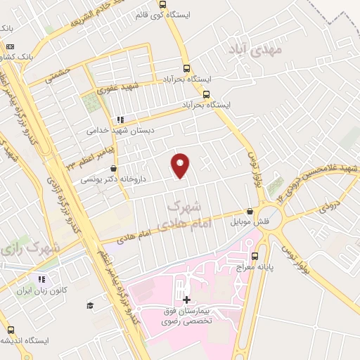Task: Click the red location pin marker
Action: [x=181, y=165]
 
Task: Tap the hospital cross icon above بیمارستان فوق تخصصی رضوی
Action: [x=186, y=300]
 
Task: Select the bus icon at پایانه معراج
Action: [x=255, y=256]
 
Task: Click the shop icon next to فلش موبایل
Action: [x=250, y=210]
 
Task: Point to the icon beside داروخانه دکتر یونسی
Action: [x=114, y=169]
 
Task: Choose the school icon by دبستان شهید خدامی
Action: [x=120, y=120]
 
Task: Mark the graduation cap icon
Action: [x=90, y=304]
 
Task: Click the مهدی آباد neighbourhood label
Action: [x=255, y=49]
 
